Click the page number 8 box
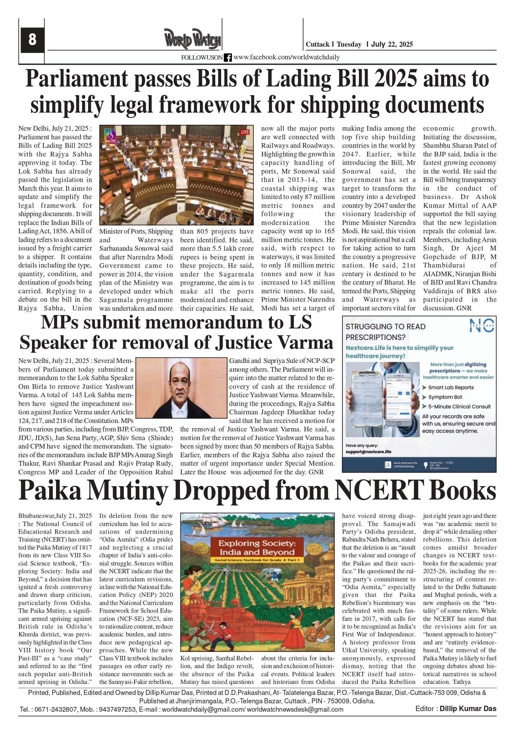32,40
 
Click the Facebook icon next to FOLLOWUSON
228,58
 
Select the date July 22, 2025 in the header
392,44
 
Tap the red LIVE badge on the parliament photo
244,132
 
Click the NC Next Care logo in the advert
482,325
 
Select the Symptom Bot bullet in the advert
445,397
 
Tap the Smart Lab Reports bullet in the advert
451,388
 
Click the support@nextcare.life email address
368,452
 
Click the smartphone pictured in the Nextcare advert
399,400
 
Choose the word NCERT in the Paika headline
379,491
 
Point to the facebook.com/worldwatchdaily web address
286,57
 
